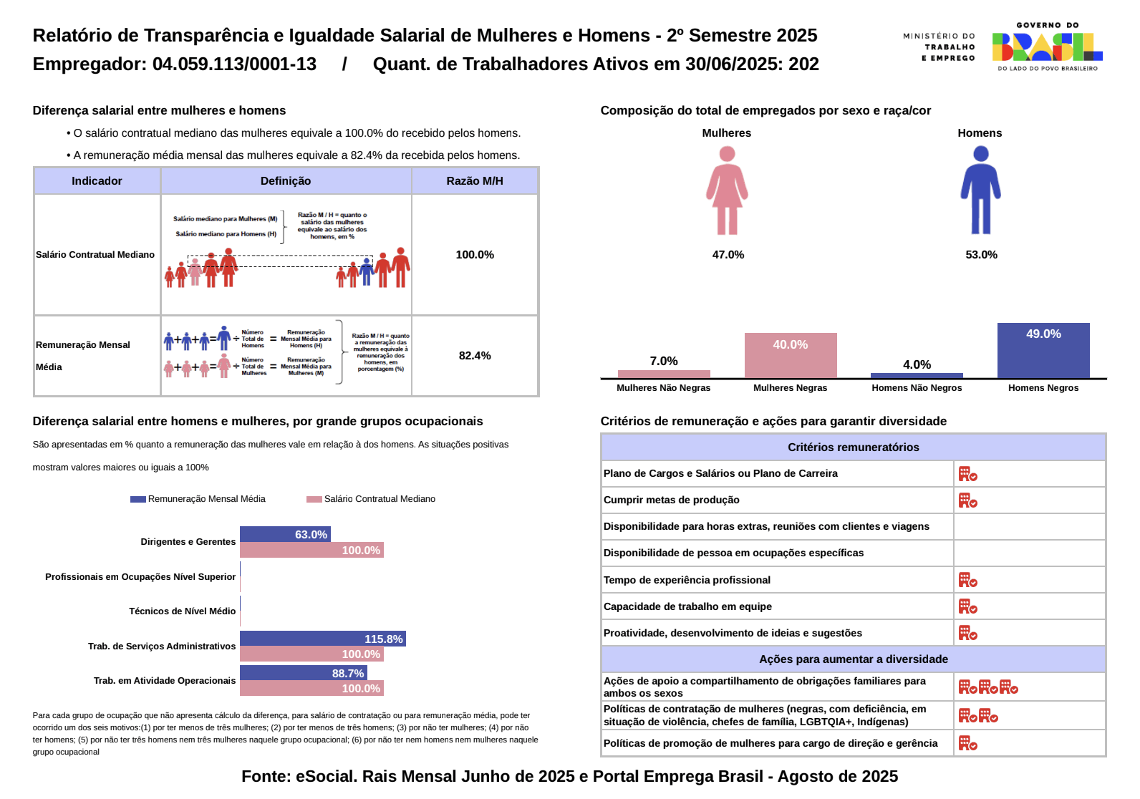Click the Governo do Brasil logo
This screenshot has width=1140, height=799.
(x=1046, y=47)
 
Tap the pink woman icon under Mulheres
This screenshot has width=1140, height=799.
(x=727, y=190)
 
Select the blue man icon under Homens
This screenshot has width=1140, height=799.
(x=980, y=190)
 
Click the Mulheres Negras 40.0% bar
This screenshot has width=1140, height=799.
(x=790, y=356)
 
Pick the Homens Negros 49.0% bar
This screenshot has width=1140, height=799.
(x=1043, y=351)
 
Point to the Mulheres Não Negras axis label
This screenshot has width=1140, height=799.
(x=663, y=388)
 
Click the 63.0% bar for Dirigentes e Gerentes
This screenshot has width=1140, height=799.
(x=285, y=534)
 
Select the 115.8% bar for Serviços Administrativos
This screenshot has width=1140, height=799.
(x=322, y=639)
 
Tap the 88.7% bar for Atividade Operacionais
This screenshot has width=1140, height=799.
(x=303, y=673)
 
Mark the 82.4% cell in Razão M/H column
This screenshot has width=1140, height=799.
(x=475, y=356)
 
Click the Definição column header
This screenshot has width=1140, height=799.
(x=286, y=181)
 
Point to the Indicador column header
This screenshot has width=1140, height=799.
(x=97, y=181)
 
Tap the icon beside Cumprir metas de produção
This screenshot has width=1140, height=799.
(x=967, y=500)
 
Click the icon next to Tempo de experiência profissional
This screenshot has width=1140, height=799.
(x=967, y=580)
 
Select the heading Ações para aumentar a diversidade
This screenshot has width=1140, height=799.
(x=853, y=659)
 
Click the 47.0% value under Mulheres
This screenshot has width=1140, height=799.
(x=728, y=255)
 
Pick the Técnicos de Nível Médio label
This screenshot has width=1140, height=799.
(x=182, y=611)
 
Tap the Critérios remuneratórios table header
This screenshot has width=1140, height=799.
(x=853, y=447)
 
